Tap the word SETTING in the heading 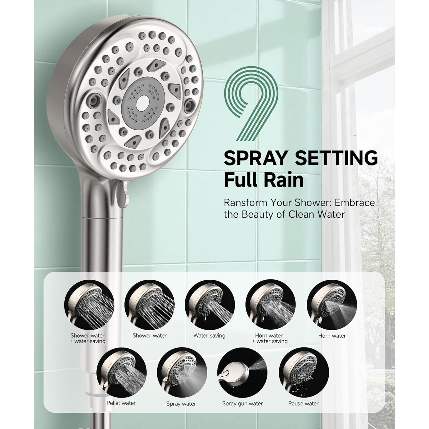point(336,158)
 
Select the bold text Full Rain point(263,180)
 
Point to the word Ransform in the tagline point(245,202)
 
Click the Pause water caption point(303,404)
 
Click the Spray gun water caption point(242,404)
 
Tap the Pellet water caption point(121,403)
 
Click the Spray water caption point(181,404)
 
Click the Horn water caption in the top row point(332,336)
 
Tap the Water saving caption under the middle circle point(209,335)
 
